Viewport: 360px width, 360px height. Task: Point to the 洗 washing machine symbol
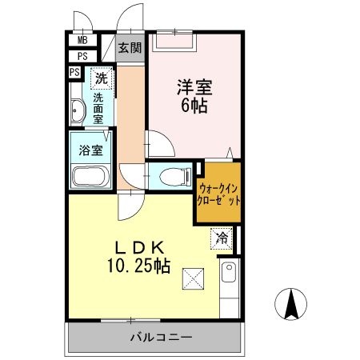101,78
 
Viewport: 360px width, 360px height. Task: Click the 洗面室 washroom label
98,107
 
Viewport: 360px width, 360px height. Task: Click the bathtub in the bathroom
90,176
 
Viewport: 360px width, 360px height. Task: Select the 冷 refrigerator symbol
222,237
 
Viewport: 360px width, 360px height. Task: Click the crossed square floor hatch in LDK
194,278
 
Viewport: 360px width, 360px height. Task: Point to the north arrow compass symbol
292,303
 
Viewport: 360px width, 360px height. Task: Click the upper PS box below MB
82,56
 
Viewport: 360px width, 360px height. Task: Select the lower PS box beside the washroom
74,73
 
